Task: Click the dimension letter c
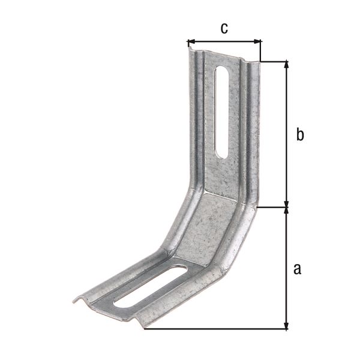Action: (x=223, y=28)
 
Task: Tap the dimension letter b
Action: (x=300, y=135)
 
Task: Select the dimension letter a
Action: (x=296, y=268)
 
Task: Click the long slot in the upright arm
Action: (x=221, y=111)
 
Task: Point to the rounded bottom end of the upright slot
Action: (x=221, y=154)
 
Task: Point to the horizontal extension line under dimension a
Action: (x=216, y=329)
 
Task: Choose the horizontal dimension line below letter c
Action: (x=224, y=42)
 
